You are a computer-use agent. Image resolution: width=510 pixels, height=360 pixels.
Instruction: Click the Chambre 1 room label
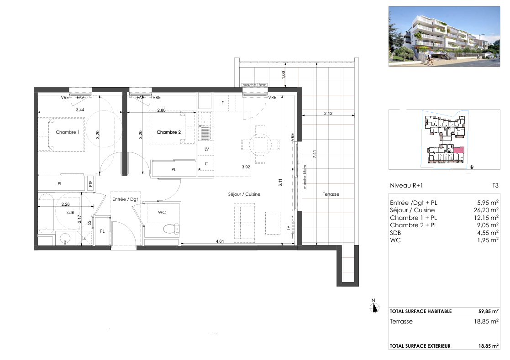click(67, 132)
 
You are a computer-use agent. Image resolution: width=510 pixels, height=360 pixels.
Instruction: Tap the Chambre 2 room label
click(168, 132)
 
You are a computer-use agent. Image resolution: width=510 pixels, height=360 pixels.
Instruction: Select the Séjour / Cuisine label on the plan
click(244, 194)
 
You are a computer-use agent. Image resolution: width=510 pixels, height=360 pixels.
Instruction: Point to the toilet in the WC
click(171, 230)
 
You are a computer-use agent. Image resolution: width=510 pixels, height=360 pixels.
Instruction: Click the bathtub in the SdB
click(46, 214)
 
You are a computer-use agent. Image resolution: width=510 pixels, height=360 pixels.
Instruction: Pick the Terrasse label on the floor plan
click(331, 194)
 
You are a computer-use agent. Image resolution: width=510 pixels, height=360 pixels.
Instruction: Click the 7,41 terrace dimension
click(314, 154)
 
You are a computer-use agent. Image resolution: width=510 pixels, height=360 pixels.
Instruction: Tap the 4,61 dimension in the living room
click(220, 241)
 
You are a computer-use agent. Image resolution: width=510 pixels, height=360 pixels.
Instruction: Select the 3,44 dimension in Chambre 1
click(80, 110)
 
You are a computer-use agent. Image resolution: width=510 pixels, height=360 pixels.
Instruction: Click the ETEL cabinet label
click(91, 183)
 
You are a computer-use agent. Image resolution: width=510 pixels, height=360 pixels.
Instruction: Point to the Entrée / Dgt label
click(125, 199)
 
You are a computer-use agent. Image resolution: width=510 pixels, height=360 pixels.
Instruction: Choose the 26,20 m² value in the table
click(486, 210)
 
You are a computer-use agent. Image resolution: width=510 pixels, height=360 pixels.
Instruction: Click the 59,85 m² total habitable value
click(488, 311)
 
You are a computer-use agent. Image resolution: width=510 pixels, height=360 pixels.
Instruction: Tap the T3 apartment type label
click(495, 186)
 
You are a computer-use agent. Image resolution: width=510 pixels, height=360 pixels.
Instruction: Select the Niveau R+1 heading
click(406, 186)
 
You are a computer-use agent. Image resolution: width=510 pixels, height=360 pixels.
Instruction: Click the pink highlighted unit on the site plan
click(459, 150)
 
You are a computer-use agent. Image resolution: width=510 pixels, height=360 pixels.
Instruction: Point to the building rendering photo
click(444, 37)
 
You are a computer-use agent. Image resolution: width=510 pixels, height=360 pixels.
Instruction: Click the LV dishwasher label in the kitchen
click(206, 149)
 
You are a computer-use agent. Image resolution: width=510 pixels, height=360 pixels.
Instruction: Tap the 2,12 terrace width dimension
click(328, 114)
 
